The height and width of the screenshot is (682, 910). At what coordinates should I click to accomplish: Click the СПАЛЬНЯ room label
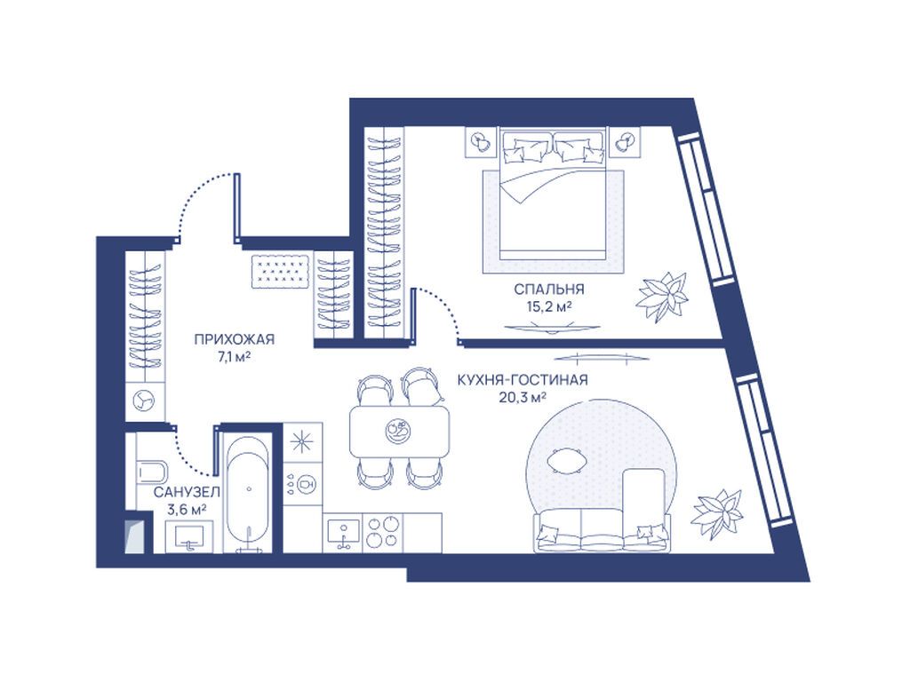click(x=549, y=289)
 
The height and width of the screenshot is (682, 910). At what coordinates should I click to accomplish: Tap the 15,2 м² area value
click(x=549, y=306)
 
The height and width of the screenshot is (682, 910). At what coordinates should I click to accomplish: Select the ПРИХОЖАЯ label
click(x=234, y=339)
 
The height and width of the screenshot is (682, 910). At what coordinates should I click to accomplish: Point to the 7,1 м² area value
click(x=234, y=357)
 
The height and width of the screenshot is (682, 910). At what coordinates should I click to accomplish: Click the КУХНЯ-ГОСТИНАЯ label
click(x=523, y=380)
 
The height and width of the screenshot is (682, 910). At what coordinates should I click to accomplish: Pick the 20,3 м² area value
click(x=523, y=397)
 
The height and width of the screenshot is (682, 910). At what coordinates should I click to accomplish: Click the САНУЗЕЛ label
click(x=187, y=492)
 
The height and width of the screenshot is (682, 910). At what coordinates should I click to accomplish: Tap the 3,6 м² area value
click(x=187, y=509)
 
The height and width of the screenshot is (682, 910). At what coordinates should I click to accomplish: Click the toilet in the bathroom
click(x=152, y=471)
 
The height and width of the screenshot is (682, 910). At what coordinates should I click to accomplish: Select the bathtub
click(x=248, y=493)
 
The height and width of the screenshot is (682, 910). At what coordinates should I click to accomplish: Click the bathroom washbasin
click(x=188, y=535)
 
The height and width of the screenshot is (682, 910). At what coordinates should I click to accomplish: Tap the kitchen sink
click(x=343, y=534)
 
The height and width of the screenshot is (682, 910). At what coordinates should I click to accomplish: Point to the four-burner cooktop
click(x=383, y=533)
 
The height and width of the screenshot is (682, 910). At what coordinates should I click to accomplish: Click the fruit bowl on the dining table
click(x=397, y=431)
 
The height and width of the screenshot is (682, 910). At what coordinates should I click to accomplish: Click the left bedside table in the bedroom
click(x=480, y=141)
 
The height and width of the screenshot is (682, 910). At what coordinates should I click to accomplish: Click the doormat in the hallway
click(x=280, y=271)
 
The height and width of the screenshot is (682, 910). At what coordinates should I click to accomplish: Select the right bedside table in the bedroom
click(x=625, y=141)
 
